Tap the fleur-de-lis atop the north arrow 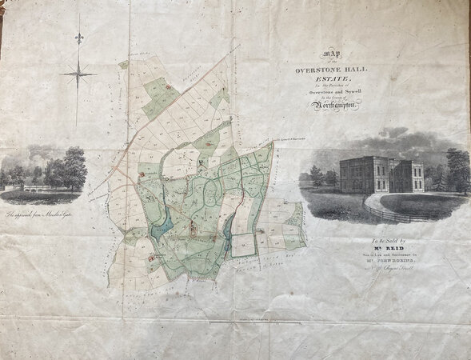click(78, 38)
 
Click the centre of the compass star click(78, 75)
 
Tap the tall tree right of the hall click(458, 170)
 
